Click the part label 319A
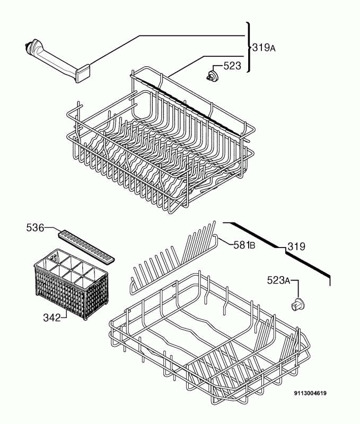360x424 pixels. (264, 48)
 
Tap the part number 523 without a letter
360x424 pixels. (232, 66)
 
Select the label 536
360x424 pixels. (35, 228)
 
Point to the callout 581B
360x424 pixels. (244, 245)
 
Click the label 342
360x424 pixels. (51, 317)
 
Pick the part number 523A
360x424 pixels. (278, 280)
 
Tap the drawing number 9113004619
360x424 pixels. (310, 393)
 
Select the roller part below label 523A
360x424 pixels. (298, 305)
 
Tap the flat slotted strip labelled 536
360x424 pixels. (86, 246)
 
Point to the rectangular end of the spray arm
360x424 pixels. (83, 73)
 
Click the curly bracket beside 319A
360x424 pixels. (249, 47)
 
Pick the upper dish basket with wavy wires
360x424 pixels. (161, 140)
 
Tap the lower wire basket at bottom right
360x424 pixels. (209, 343)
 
